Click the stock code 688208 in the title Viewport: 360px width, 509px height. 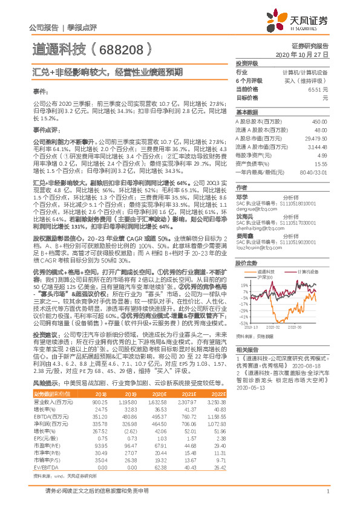point(121,50)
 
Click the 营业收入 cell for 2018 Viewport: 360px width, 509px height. point(99,384)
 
